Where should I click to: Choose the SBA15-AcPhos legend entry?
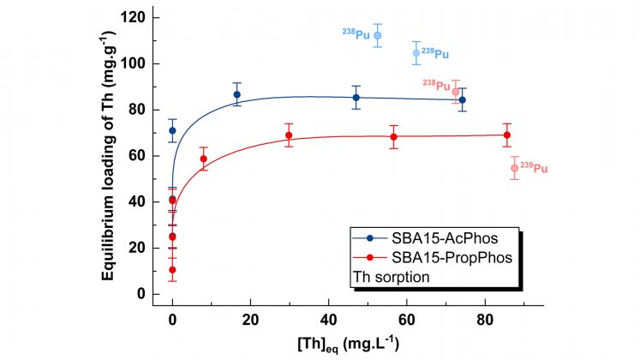coord(441,237)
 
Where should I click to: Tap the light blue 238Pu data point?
coord(378,35)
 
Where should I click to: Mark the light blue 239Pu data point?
coord(416,53)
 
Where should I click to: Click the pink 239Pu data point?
coord(514,168)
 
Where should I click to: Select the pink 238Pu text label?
coord(436,84)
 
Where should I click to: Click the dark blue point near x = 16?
coord(236,94)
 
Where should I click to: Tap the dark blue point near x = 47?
coord(356,98)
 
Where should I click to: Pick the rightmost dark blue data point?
coord(463,99)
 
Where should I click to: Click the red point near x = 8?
coord(204,159)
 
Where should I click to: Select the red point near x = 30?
coord(289,135)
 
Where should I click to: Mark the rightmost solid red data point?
coord(507,135)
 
